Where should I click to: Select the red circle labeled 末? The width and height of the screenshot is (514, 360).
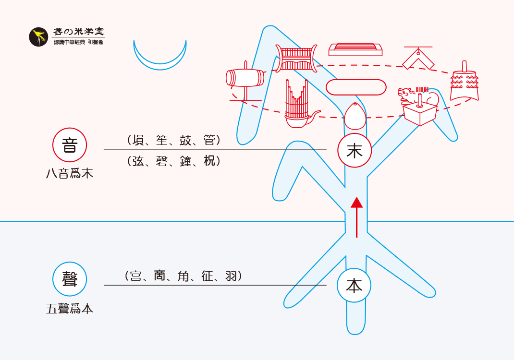tap(355, 151)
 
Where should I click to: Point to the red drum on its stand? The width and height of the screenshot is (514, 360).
tap(245, 79)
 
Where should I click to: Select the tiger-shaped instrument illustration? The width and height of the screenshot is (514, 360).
tap(418, 96)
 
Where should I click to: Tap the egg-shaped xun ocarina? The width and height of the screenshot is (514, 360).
tap(355, 116)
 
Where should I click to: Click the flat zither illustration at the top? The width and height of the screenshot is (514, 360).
tap(355, 49)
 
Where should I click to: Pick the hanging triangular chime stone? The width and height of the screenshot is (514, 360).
tap(418, 59)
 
